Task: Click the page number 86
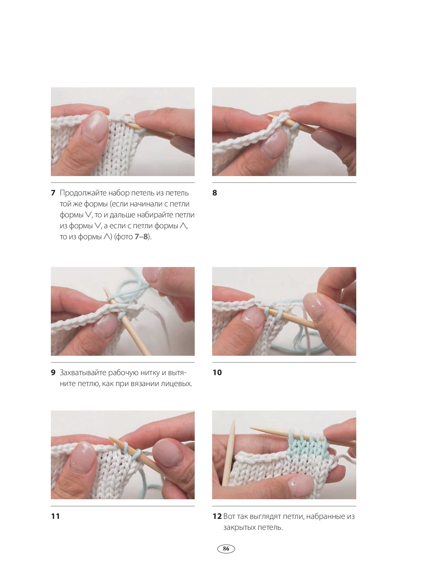226,548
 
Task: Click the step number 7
53,193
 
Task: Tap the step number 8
215,193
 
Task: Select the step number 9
53,373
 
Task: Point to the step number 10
217,373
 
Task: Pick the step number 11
55,516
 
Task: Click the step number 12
217,516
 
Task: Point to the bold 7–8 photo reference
141,237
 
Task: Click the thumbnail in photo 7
96,126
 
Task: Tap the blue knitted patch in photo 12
307,446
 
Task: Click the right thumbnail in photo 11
168,453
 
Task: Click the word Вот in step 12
229,516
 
